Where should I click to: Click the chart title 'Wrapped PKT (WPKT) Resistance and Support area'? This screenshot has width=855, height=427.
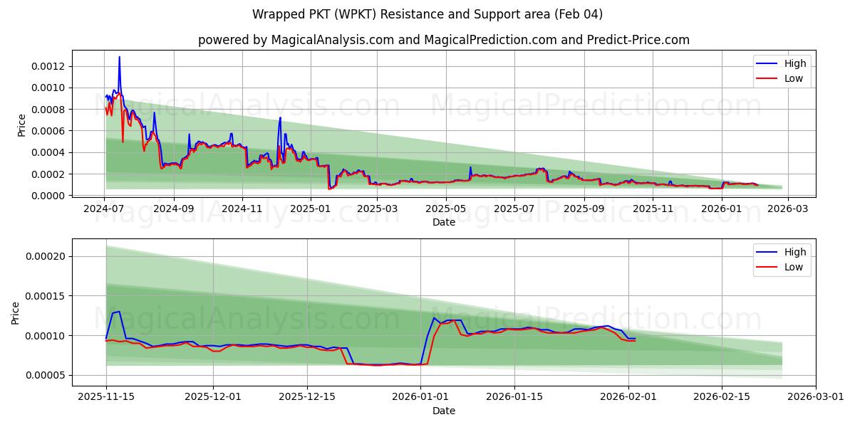click(x=427, y=14)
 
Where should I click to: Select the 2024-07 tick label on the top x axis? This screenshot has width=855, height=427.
click(x=105, y=209)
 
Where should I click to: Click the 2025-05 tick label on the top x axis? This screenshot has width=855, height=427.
click(x=445, y=209)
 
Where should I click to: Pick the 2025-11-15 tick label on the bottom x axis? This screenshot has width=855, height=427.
click(x=106, y=397)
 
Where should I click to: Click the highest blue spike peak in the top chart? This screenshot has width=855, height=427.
click(x=119, y=57)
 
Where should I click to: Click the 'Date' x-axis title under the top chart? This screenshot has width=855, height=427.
click(x=443, y=222)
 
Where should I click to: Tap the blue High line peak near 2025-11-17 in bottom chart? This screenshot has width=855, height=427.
click(x=119, y=312)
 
